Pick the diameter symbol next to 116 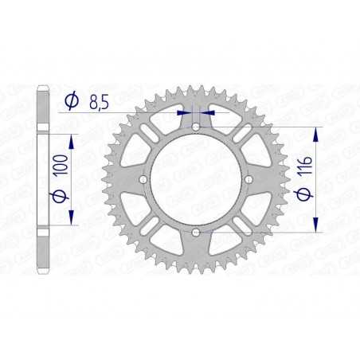tap(306, 197)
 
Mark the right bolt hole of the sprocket tap(248, 180)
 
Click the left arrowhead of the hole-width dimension tap(188, 112)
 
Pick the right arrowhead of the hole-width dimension tap(205, 112)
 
